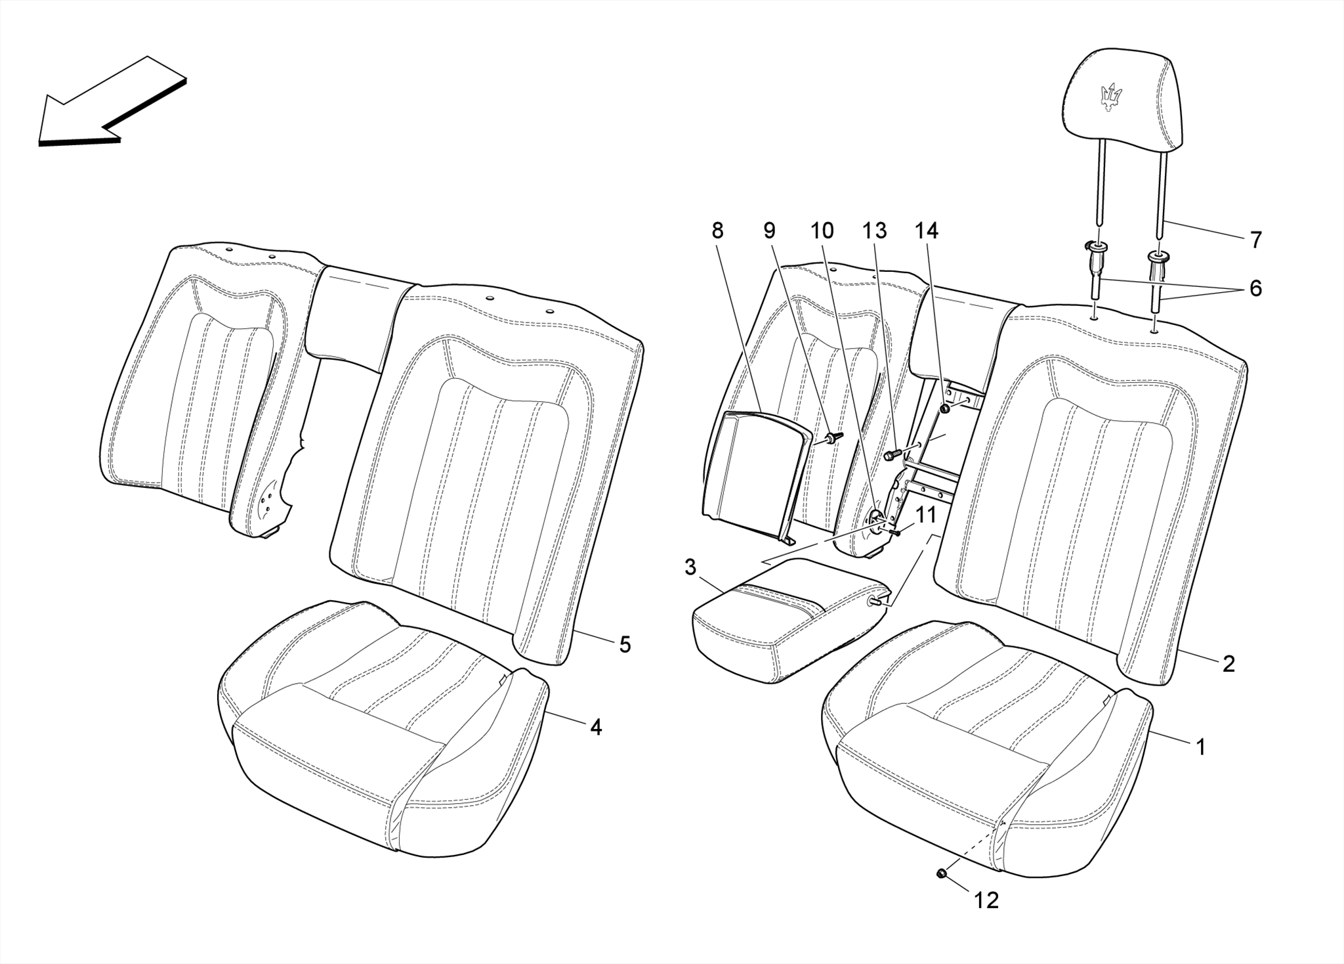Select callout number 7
point(1255,240)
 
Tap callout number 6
point(1255,288)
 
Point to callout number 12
point(986,900)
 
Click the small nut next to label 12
point(940,873)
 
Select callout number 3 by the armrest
point(690,567)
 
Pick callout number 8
point(717,230)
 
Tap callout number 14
point(927,230)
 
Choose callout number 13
point(874,230)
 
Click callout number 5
point(625,645)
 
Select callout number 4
point(595,727)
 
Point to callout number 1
point(1200,747)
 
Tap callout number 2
point(1228,664)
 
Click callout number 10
point(822,230)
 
